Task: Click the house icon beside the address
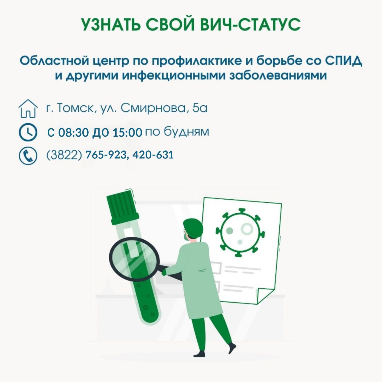(x=28, y=109)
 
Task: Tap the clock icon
(x=28, y=132)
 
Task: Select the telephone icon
(x=28, y=156)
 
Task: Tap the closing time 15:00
(x=128, y=133)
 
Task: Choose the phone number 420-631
(x=153, y=155)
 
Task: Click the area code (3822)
(x=64, y=155)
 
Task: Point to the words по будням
(x=177, y=132)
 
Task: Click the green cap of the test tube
(x=123, y=207)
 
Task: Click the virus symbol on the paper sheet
(x=240, y=232)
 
